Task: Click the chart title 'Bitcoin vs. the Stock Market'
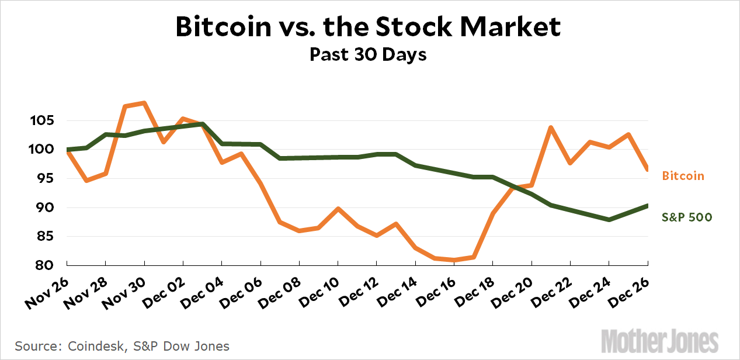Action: pos(369,27)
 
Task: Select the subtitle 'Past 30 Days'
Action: pos(368,54)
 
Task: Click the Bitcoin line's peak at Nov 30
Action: pos(144,103)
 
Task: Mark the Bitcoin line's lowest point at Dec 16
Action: pos(454,259)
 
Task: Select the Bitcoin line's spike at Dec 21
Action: pos(551,127)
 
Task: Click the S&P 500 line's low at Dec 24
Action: pos(609,220)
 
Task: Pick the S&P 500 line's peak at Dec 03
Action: pos(202,124)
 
